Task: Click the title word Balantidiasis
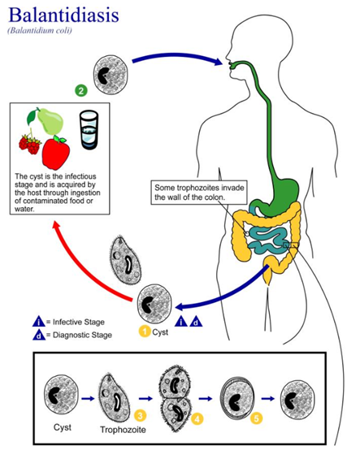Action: tap(63, 15)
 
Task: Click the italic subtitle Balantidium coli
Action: tap(40, 30)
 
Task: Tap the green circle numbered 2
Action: tap(81, 90)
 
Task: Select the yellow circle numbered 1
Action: tap(145, 331)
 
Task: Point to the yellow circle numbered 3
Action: tap(140, 415)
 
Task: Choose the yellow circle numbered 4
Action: tap(197, 419)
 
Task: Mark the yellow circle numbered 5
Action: tap(256, 418)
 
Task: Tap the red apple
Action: tap(56, 152)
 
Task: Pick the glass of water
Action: tap(89, 130)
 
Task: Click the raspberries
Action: tap(29, 144)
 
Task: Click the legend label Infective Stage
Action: tap(79, 322)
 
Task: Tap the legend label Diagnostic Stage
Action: tap(82, 335)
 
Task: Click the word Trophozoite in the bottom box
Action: tap(123, 430)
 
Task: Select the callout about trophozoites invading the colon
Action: tap(199, 192)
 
